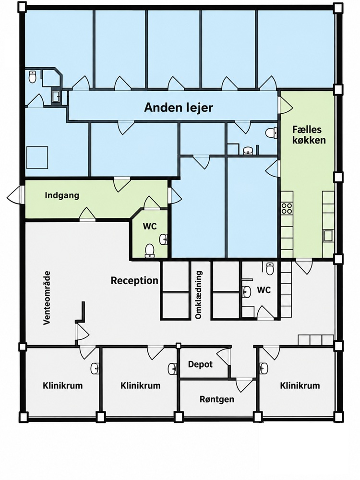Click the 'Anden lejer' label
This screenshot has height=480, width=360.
pos(179,108)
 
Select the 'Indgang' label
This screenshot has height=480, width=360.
pos(62,195)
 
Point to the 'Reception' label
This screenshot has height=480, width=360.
pos(134,280)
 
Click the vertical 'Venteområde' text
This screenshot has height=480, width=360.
pos(47,298)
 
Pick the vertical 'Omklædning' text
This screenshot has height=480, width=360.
pos(199,295)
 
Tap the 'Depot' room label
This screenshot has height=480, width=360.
pos(200,364)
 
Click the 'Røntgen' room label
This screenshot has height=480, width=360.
pos(217,399)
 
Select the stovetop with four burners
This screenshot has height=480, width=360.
pos(287,208)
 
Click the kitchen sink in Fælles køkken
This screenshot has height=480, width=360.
pos(328,236)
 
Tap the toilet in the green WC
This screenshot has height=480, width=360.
pos(149,250)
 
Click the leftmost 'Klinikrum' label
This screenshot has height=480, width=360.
pos(63,385)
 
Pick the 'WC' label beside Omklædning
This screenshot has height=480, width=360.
pos(264,289)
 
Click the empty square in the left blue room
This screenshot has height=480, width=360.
pos(37,157)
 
